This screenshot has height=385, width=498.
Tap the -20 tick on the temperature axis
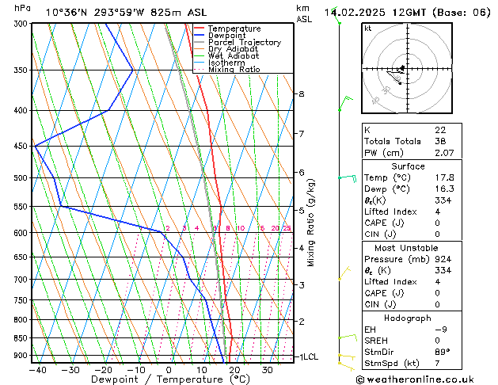[103, 369]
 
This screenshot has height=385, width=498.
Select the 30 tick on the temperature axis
[268, 369]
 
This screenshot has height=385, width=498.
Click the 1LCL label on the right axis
[307, 357]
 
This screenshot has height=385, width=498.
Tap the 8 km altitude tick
[301, 94]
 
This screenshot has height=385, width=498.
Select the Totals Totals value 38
[440, 141]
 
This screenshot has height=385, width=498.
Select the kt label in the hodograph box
[368, 28]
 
